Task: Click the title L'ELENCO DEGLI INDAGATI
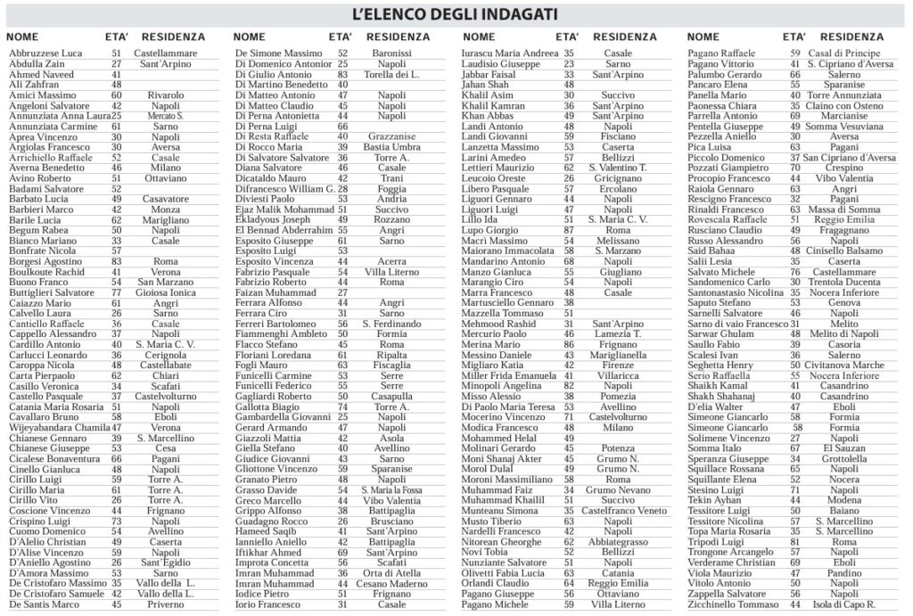click(455, 15)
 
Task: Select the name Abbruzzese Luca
click(45, 53)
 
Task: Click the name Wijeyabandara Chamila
click(60, 427)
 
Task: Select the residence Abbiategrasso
click(624, 542)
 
